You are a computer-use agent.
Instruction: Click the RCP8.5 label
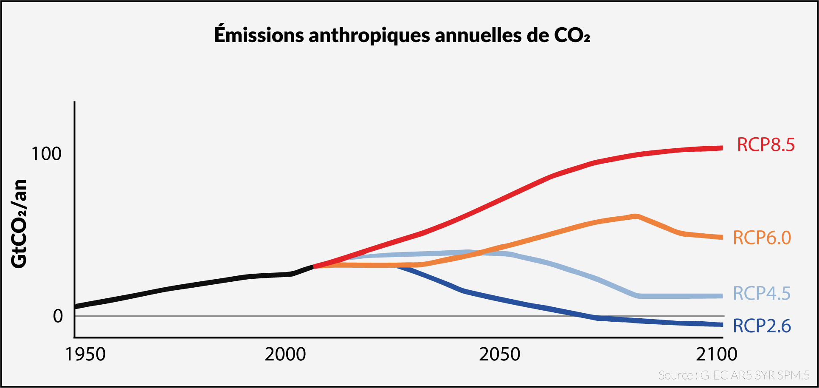click(766, 145)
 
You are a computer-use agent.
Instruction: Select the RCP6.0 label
click(762, 238)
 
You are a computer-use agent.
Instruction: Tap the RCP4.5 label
click(762, 294)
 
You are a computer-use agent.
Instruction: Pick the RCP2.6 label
click(762, 326)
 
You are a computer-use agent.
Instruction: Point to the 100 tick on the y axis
click(46, 154)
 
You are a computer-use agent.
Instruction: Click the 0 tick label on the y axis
click(58, 316)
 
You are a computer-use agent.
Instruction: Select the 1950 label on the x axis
click(85, 354)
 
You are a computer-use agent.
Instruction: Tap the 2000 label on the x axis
click(285, 354)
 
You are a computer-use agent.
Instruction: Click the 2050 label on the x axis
click(499, 354)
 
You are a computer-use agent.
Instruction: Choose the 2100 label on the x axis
click(717, 354)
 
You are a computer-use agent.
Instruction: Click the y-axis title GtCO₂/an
click(19, 224)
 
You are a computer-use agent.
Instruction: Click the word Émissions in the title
click(259, 35)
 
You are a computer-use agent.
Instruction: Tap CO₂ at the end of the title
click(572, 35)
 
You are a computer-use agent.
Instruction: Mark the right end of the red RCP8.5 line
click(721, 148)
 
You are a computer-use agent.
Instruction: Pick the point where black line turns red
click(314, 266)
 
